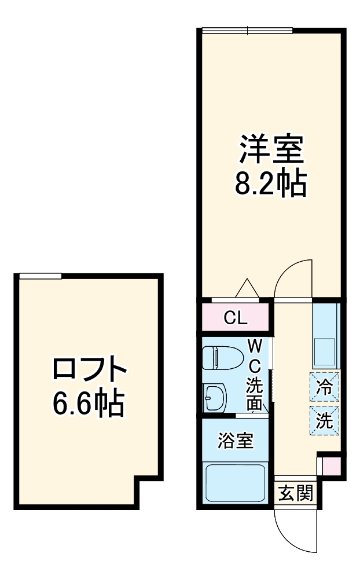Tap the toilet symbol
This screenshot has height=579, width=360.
point(223,358)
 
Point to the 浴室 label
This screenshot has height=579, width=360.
point(235,441)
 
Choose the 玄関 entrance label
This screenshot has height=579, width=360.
point(296,493)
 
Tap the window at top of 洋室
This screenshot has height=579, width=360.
point(248,31)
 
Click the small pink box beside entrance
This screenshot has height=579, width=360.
point(331,465)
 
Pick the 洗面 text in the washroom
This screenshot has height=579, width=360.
point(255,394)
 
